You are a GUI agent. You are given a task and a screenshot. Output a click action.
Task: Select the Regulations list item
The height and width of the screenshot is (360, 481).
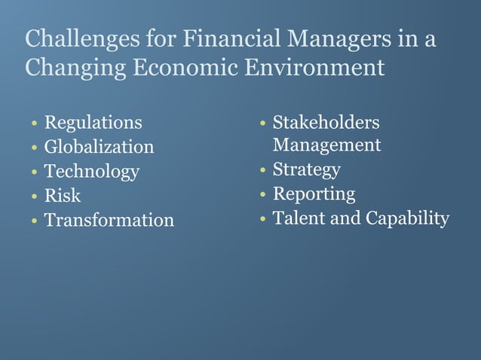tap(93, 122)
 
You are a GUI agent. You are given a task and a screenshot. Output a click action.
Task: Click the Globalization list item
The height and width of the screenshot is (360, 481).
tap(99, 146)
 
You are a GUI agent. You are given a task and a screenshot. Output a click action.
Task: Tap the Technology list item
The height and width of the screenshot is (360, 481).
tap(91, 171)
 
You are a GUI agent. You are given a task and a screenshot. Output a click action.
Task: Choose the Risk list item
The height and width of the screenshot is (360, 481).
tap(63, 196)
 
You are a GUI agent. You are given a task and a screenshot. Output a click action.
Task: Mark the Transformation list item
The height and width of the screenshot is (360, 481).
tap(109, 220)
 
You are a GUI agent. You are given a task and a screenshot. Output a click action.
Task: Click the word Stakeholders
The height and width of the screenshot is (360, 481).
tap(326, 122)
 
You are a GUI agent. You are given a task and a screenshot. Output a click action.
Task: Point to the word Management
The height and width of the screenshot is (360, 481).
tap(326, 144)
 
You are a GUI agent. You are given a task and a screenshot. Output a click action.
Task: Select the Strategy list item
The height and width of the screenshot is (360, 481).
tap(306, 169)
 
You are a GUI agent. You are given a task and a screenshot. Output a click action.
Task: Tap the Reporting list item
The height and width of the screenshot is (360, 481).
tap(314, 194)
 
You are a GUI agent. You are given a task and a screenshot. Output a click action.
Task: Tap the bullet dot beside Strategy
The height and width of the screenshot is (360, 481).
tap(262, 170)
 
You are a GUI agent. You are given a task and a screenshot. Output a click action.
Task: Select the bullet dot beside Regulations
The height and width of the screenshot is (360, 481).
tap(34, 124)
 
